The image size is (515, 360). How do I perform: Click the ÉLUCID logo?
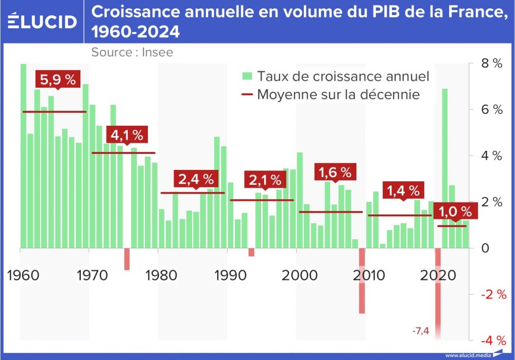coord(42,21)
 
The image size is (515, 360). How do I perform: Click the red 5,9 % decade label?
coord(57,80)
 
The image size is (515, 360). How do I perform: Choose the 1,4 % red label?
coord(403,191)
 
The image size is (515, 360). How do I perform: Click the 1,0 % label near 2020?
coord(452,211)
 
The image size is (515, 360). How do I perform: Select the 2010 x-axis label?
coord(367,275)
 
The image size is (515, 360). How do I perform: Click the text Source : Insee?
coord(132,52)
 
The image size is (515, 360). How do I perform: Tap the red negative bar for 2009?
coord(362,280)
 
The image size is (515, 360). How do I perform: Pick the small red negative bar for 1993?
coord(251,252)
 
